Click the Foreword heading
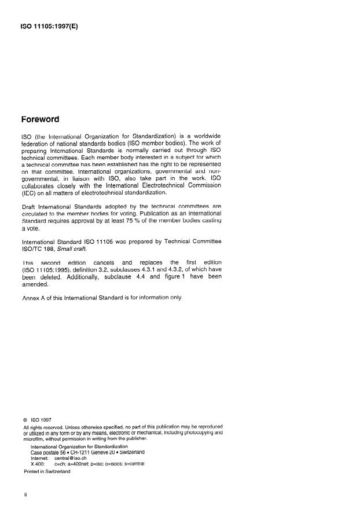40,120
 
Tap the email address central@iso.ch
69,457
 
